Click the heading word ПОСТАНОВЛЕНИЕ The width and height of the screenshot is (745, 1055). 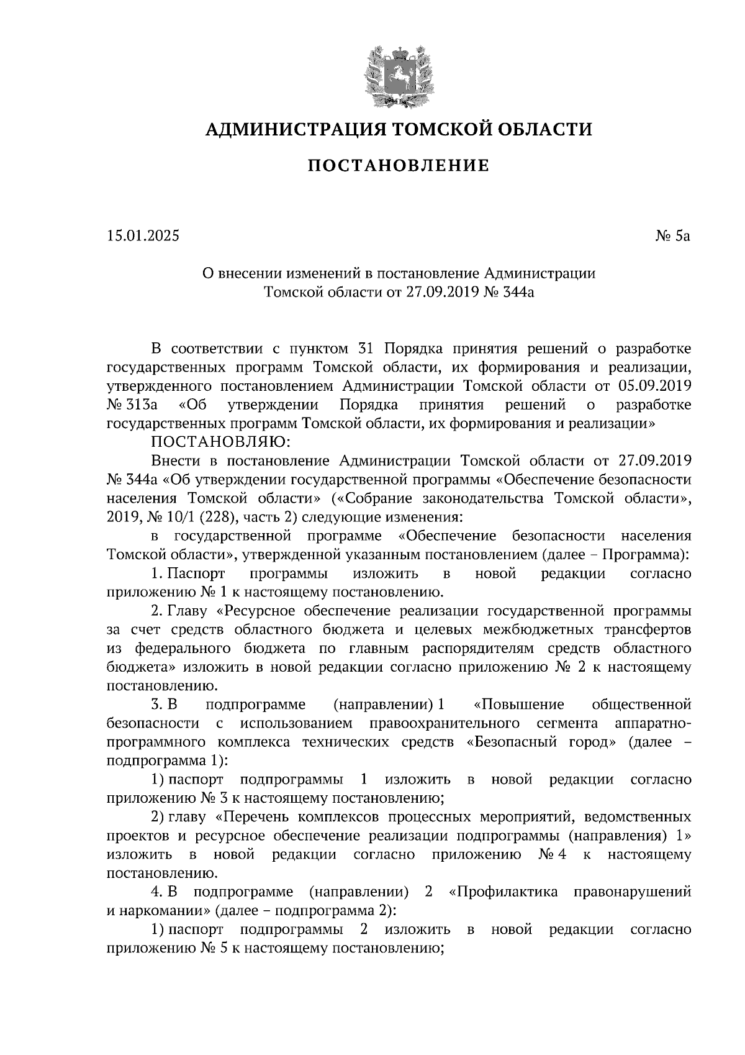tap(399, 166)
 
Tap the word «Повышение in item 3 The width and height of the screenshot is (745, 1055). tap(518, 705)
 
